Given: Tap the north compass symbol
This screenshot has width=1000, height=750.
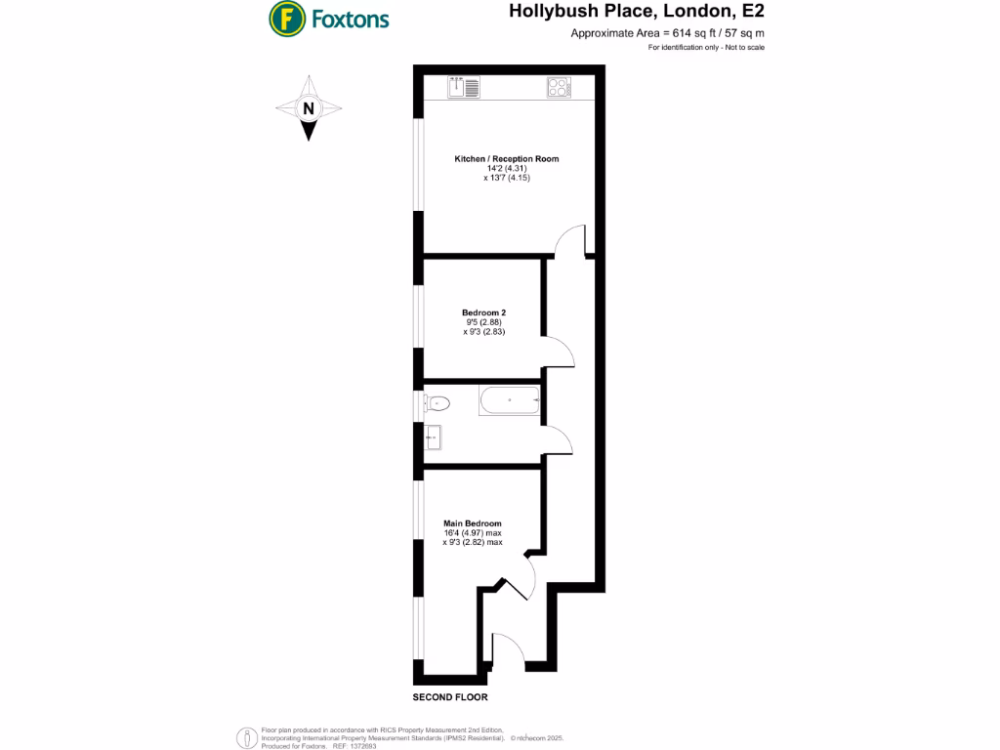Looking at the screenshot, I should click(309, 109).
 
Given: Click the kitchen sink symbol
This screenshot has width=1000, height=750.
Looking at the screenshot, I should click(464, 88).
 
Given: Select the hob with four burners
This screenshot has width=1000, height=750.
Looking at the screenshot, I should click(559, 88).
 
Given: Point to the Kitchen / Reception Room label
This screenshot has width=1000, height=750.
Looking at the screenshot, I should click(506, 158).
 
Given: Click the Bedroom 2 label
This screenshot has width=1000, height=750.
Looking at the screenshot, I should click(483, 312).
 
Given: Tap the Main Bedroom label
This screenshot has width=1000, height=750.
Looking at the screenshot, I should click(472, 523).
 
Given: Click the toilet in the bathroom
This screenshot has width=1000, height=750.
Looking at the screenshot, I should click(437, 401).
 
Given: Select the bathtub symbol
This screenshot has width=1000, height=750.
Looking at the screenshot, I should click(509, 400).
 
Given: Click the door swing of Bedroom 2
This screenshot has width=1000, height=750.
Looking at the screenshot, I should click(557, 350).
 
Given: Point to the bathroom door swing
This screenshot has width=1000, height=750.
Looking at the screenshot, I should click(558, 440).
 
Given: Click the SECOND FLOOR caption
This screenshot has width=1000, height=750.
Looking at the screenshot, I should click(449, 697).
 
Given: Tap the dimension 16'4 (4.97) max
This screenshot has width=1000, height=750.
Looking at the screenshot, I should click(472, 533).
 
